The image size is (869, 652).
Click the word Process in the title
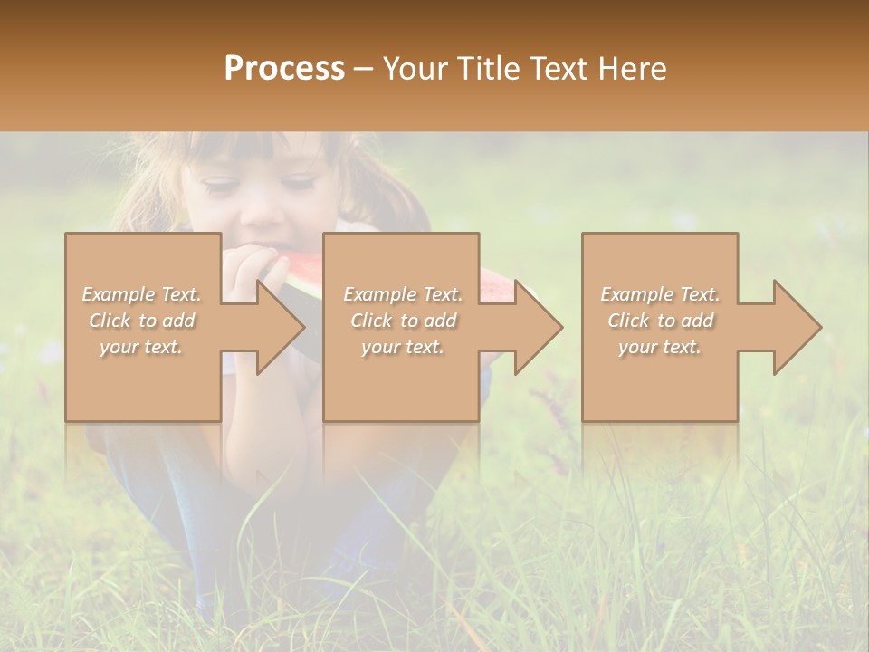tap(284, 69)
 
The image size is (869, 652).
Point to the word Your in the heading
tap(416, 69)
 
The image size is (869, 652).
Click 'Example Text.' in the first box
tap(142, 294)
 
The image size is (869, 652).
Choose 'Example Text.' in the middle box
tap(403, 294)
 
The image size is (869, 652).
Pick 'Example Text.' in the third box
tap(660, 294)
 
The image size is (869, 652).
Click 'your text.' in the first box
tap(142, 347)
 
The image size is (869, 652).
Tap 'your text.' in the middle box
tap(403, 347)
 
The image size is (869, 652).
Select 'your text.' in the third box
tap(660, 347)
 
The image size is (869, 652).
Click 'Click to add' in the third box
tap(660, 321)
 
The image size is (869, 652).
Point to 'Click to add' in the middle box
tap(403, 321)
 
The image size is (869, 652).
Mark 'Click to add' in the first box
tap(142, 321)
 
